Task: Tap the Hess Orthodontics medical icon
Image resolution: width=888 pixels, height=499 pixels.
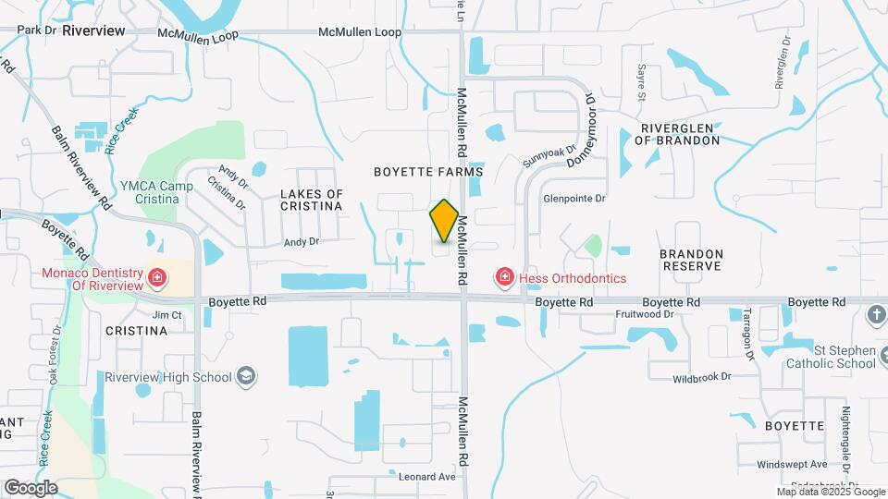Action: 504,276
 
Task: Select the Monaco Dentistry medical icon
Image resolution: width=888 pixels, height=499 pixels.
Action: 157,276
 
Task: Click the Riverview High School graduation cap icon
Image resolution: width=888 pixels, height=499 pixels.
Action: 246,376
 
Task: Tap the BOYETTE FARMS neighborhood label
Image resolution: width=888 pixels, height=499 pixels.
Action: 428,173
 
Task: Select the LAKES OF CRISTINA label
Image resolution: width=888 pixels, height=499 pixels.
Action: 311,200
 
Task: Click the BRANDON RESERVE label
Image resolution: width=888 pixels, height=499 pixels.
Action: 690,259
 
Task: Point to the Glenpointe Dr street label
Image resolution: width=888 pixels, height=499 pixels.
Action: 573,199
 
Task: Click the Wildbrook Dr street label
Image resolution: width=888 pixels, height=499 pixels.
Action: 701,377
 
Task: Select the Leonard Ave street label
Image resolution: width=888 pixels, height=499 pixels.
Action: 427,477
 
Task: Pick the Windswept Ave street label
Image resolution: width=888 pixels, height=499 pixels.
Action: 791,464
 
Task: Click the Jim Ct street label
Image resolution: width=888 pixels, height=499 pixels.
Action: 167,315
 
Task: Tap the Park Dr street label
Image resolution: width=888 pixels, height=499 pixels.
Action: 37,30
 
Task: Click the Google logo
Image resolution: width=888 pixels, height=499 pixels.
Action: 31,487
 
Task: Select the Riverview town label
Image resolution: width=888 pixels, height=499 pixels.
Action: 93,30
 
